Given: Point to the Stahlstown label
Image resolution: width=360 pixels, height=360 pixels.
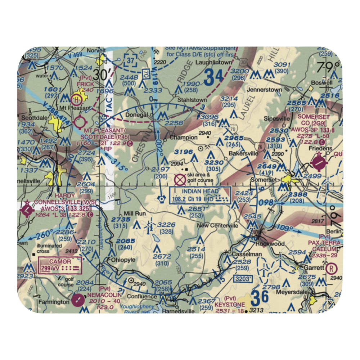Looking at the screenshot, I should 192,100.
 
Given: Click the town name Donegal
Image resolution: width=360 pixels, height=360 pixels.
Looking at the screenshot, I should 136,115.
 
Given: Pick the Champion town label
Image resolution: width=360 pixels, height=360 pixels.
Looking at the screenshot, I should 183,138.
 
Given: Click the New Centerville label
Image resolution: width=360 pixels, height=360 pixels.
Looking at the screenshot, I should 217,226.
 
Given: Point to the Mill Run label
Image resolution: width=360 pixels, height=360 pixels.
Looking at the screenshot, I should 135,213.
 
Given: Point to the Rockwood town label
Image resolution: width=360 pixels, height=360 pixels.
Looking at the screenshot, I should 270,244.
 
